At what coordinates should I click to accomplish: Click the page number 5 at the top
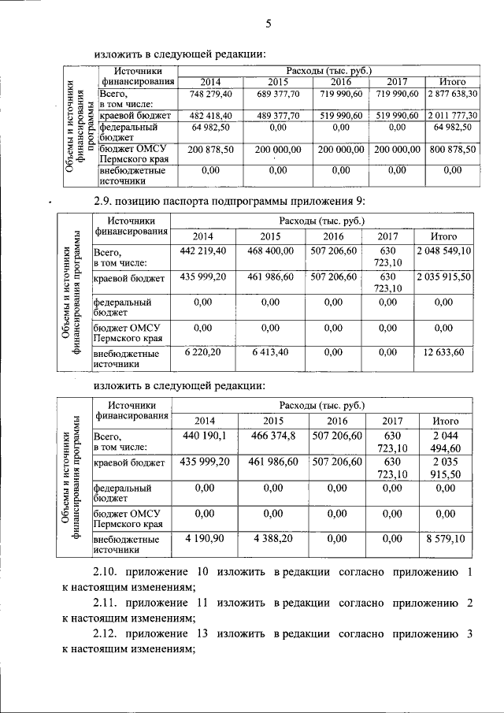coord(268,24)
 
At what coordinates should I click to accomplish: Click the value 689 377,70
coord(279,95)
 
